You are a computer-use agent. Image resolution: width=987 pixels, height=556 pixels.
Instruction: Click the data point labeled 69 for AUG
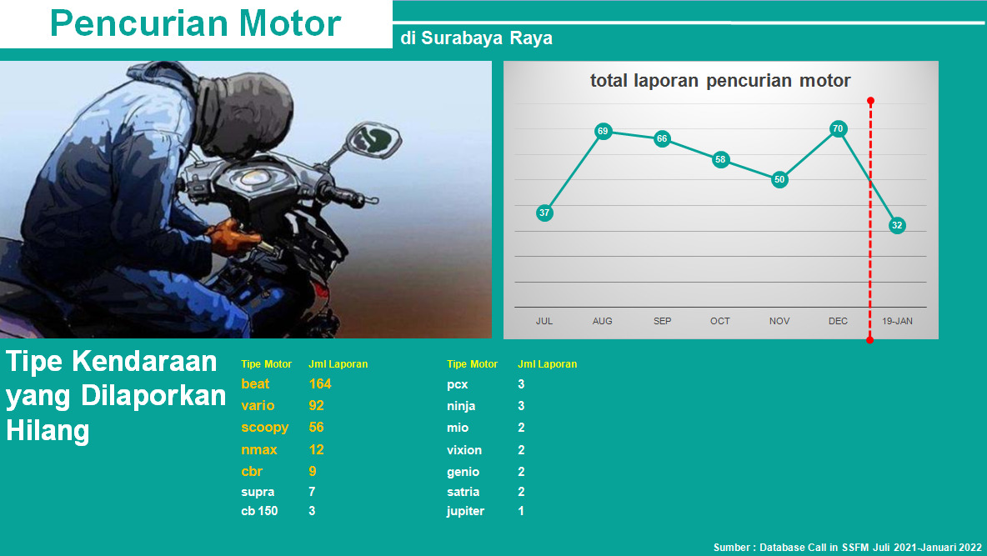603,131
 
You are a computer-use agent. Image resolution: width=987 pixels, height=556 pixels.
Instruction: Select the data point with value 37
544,213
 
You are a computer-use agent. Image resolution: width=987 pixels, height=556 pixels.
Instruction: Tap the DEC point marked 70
838,128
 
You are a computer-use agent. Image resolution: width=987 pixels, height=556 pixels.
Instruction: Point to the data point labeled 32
897,225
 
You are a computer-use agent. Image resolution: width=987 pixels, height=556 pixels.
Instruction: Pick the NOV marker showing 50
779,179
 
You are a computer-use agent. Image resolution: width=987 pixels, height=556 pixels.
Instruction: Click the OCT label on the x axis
720,321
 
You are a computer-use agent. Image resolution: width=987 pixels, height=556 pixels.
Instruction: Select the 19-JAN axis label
897,321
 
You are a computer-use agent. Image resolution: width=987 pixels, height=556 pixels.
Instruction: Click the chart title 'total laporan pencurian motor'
720,81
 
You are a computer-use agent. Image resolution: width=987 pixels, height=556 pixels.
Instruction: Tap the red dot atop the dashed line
870,101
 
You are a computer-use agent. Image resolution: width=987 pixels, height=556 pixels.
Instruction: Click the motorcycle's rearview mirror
374,140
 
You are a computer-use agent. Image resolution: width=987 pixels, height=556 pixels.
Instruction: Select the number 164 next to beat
320,383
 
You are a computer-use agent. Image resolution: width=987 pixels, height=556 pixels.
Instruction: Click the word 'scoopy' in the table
264,428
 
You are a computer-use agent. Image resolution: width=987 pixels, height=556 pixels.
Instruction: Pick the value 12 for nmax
316,449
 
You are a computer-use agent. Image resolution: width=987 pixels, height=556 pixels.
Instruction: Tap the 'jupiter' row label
466,511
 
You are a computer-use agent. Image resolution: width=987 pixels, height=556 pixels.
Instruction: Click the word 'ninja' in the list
461,406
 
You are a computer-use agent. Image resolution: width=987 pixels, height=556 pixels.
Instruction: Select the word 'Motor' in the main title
290,23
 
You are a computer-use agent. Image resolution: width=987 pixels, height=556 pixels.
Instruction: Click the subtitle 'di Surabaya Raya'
477,38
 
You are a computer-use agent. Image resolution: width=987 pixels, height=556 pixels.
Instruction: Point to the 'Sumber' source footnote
847,547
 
